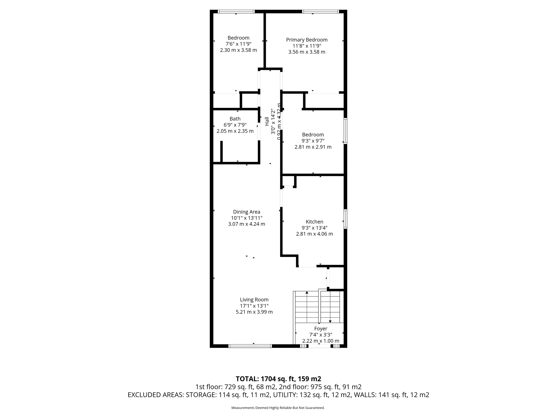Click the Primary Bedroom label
click(x=307, y=40)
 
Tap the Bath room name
click(x=235, y=119)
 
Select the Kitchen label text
click(x=314, y=222)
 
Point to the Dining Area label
click(x=246, y=212)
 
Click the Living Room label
click(x=254, y=300)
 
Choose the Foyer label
click(x=321, y=328)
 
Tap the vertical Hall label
click(x=267, y=121)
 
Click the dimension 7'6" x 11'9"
click(x=238, y=44)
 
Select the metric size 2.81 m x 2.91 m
click(x=313, y=147)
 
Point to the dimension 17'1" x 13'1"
click(x=254, y=306)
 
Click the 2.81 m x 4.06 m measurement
click(x=314, y=234)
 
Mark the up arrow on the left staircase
click(x=307, y=293)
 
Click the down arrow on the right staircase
click(x=330, y=321)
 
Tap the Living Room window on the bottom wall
click(x=250, y=346)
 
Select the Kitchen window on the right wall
click(x=345, y=219)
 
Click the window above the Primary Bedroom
click(x=320, y=11)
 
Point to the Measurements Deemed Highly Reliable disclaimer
click(x=278, y=408)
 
